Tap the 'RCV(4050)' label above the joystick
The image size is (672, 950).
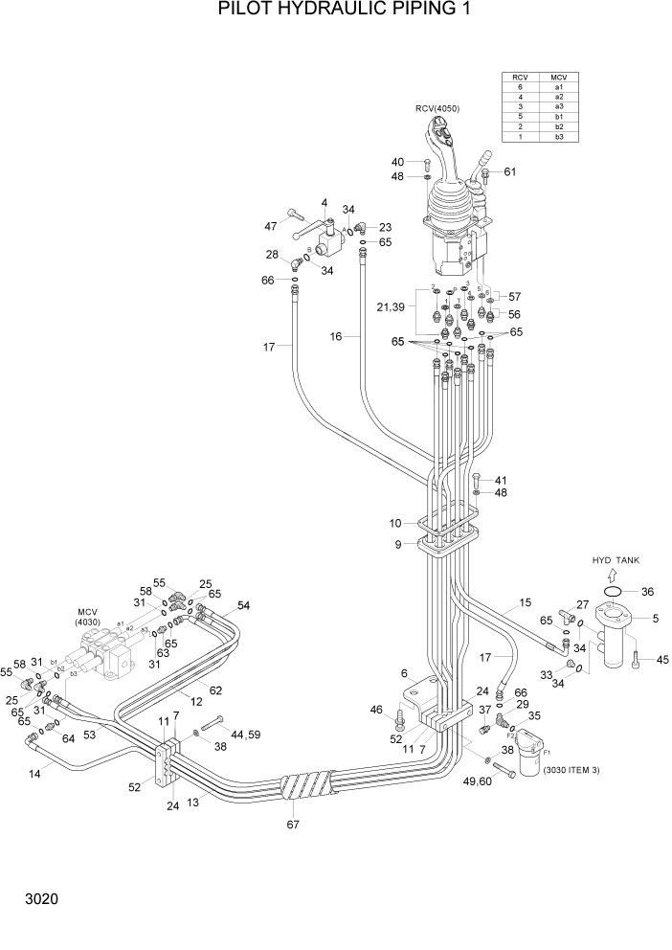[x=437, y=108]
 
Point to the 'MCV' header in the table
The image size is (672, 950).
[x=558, y=76]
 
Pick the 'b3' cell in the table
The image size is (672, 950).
[x=558, y=137]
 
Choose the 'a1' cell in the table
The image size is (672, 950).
[x=558, y=87]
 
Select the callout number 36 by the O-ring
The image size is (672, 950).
[x=648, y=592]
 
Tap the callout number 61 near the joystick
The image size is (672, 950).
[x=510, y=172]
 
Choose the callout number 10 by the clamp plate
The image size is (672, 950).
[x=394, y=523]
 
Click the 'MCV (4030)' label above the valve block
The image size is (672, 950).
[x=89, y=616]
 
